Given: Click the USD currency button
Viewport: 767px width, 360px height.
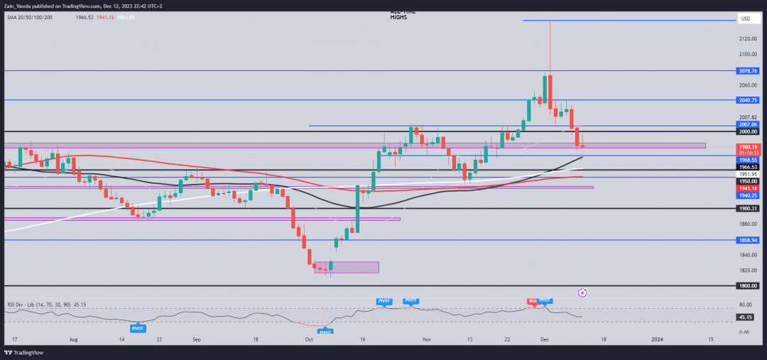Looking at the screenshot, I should pos(746,18).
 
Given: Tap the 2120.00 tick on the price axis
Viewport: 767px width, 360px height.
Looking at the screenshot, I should pos(747,40).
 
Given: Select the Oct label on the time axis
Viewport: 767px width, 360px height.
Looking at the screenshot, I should pos(309,340).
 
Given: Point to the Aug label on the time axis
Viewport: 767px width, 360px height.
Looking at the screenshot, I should pos(74,340).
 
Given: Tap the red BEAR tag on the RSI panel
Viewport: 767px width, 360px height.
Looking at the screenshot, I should pos(532,301).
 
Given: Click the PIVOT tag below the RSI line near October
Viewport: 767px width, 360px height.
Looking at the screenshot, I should pos(325,332).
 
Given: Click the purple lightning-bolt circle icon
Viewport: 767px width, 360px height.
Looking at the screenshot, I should pos(583,292).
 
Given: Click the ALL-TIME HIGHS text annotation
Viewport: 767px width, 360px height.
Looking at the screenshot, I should pos(402,15).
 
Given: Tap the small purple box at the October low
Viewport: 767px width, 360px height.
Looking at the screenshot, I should pos(347,267).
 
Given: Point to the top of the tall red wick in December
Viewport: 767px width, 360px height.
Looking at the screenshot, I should pos(550,21).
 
